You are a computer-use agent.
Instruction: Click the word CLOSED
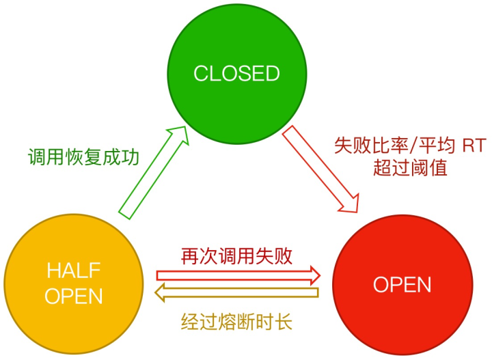click(236, 74)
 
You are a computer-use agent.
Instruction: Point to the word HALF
click(74, 271)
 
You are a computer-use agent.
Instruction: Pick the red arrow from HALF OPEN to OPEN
click(238, 275)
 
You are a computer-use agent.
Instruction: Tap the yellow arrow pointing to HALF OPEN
click(238, 293)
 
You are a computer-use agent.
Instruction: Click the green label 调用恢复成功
click(83, 158)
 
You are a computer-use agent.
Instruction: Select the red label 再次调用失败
click(237, 256)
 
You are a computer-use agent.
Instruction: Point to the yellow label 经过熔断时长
click(237, 320)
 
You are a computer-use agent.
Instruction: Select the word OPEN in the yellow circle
click(74, 296)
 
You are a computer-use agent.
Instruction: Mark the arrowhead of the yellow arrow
click(160, 293)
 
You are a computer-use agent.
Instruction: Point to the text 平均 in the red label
click(431, 145)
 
